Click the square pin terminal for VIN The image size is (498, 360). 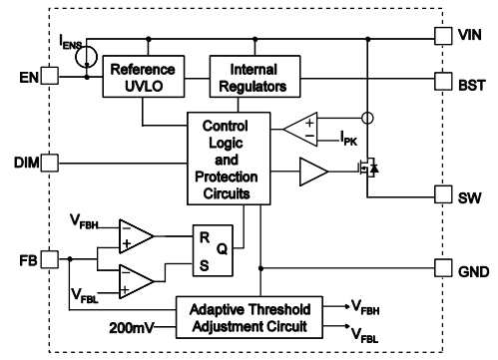[442, 34]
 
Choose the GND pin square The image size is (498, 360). [442, 267]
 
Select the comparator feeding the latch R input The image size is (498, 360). [137, 236]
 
